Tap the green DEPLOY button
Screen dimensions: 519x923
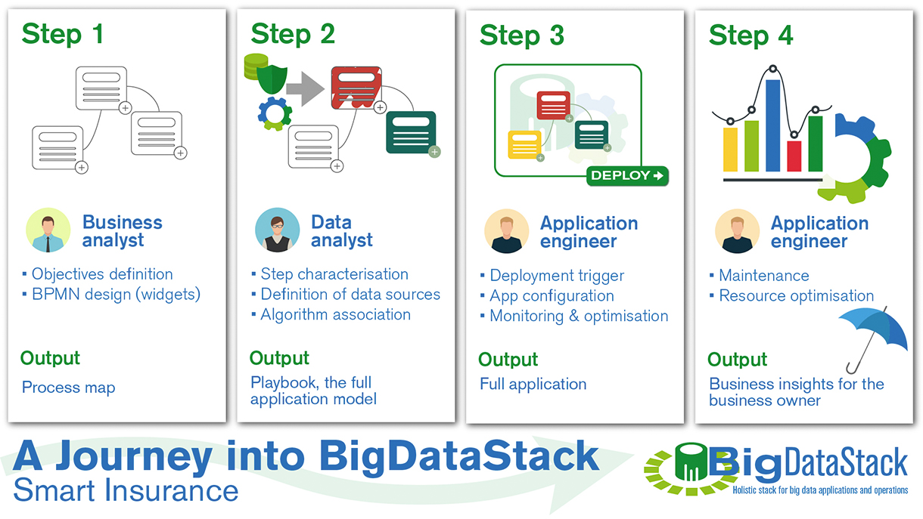pos(627,175)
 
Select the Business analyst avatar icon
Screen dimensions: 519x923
pos(48,230)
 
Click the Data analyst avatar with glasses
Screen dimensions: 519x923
pos(277,230)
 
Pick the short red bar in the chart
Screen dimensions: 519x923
pos(794,155)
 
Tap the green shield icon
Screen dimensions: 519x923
pos(272,80)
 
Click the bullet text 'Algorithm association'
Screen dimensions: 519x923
pos(335,315)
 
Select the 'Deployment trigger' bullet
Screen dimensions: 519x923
pos(557,276)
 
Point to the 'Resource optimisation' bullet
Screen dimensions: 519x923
pos(796,296)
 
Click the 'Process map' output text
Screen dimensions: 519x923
pos(69,388)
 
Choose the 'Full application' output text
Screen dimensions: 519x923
pos(533,384)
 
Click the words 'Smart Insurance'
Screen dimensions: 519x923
pos(126,491)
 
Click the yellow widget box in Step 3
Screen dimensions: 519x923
pos(524,144)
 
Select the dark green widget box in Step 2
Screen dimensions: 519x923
pos(411,132)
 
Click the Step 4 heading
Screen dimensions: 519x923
pos(751,36)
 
